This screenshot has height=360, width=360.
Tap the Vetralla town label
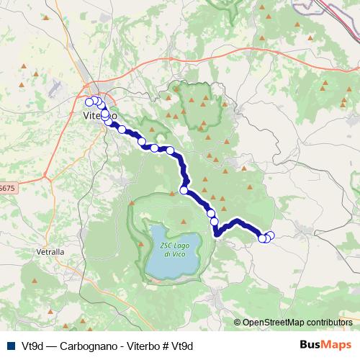coord(50,253)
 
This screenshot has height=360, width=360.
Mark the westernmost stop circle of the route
coord(89,102)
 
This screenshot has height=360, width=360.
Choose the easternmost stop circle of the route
coord(270,235)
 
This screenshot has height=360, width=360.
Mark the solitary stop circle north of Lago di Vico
coord(184,190)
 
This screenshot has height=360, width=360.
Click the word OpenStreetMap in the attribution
coord(274,322)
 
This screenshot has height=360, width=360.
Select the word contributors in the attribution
coord(329,322)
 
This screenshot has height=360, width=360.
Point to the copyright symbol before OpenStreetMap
coord(237,322)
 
